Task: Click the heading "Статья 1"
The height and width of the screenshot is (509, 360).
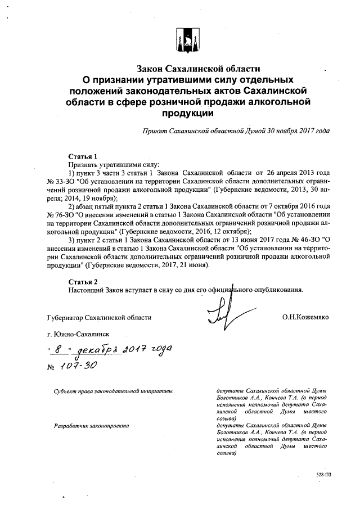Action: click(83, 156)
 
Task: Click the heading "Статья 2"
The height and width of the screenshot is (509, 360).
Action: click(83, 281)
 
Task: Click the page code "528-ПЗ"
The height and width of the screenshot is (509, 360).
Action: click(323, 475)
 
